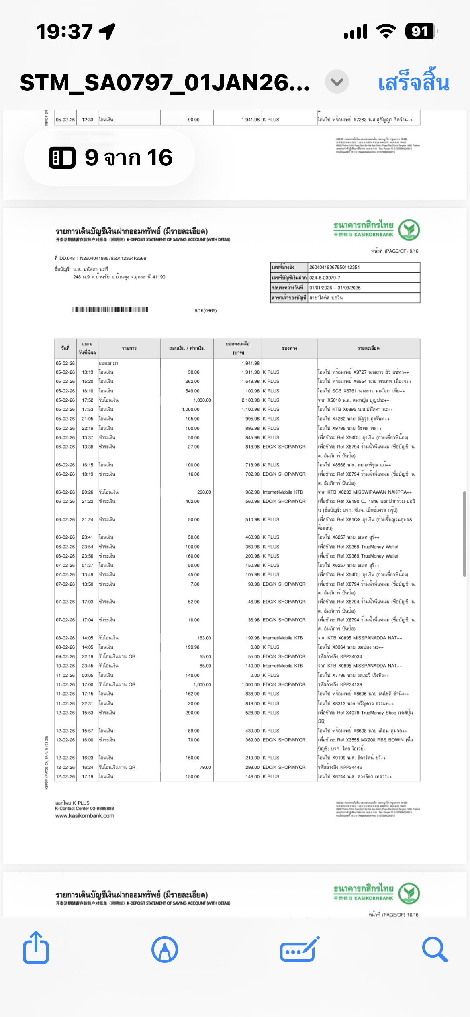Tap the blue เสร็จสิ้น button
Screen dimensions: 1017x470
point(413,83)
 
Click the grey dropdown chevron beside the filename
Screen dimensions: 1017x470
point(337,82)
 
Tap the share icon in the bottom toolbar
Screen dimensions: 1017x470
point(36,949)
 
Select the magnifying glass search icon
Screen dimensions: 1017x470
point(434,950)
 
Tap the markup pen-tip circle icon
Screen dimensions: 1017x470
point(165,950)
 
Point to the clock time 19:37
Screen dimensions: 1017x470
point(64,31)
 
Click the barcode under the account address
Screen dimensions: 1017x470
point(110,309)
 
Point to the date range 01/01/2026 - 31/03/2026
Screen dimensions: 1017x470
point(335,288)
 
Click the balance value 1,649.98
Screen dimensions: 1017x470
point(250,382)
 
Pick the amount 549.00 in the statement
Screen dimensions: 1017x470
point(192,391)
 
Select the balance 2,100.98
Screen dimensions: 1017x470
point(250,400)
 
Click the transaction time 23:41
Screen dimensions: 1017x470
point(87,537)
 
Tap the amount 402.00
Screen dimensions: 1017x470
point(192,501)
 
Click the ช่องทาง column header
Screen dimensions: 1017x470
point(289,348)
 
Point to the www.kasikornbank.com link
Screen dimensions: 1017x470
point(84,816)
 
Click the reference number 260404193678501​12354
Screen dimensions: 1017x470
point(334,267)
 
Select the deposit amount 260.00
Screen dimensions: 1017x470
point(204,492)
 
